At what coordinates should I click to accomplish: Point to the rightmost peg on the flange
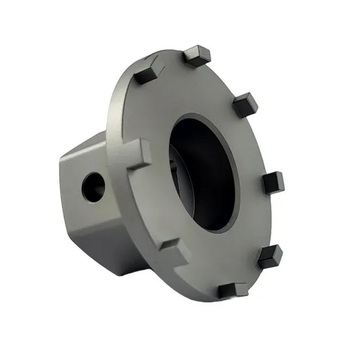point(273,182)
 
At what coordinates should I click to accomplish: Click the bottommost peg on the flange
point(233,290)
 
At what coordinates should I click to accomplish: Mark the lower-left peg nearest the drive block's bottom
point(175,252)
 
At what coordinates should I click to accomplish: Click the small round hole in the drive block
point(93,186)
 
